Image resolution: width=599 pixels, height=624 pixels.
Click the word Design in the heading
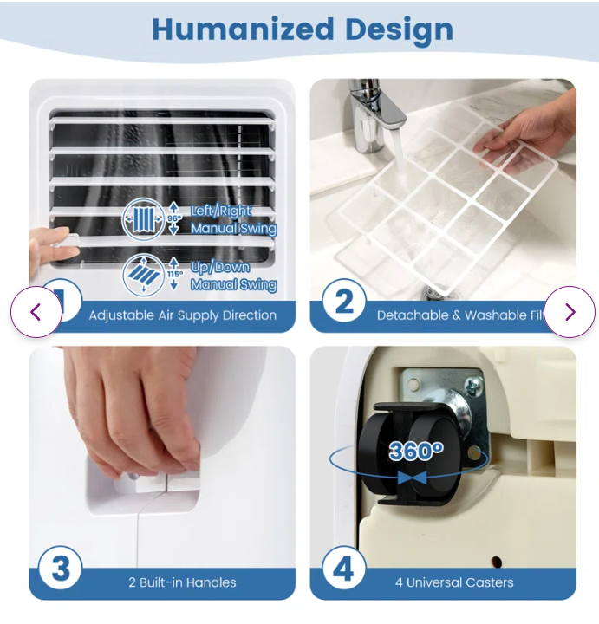399,29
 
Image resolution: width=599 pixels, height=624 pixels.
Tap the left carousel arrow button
36,312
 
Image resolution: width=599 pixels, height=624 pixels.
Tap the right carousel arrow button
570,312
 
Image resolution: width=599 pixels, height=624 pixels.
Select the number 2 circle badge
344,302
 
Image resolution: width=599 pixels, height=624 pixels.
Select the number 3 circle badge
62,569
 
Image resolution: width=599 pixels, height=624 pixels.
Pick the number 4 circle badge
344,569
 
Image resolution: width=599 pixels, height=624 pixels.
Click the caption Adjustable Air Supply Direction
182,315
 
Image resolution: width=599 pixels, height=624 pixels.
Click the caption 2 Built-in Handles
182,582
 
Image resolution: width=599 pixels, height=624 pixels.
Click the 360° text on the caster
416,451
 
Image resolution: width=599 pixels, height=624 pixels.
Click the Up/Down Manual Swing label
233,276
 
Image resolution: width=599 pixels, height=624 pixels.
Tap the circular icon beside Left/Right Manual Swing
143,219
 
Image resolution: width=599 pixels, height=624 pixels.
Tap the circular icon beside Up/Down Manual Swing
143,273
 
